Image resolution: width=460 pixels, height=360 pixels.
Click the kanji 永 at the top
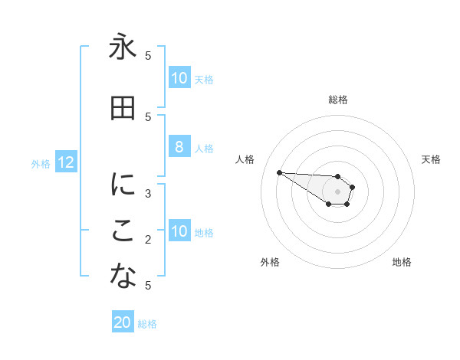click(x=123, y=47)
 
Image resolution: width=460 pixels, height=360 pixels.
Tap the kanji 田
click(x=123, y=109)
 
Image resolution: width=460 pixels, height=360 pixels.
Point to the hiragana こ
click(x=123, y=232)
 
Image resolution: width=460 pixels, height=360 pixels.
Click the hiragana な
click(x=123, y=278)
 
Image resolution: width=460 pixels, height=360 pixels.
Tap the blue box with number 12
click(x=66, y=162)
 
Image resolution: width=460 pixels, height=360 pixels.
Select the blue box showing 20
click(x=123, y=322)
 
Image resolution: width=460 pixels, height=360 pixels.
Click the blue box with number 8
click(x=179, y=148)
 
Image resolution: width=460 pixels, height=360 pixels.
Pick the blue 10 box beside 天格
click(x=179, y=78)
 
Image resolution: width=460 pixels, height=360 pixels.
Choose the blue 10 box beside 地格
click(x=179, y=231)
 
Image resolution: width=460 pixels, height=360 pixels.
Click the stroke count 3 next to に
click(x=148, y=193)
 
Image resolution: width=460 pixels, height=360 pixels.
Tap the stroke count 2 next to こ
click(x=148, y=240)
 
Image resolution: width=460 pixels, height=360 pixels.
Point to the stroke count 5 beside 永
click(x=148, y=55)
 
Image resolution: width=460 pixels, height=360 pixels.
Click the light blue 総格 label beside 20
click(x=147, y=324)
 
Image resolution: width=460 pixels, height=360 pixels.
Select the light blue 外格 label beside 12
click(x=41, y=163)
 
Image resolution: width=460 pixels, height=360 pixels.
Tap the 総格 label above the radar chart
click(x=337, y=100)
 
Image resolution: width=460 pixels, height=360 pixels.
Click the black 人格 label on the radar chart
click(x=245, y=159)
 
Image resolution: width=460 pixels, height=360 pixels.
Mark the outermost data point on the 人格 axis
click(x=279, y=172)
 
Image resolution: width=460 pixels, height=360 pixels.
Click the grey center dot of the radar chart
click(x=337, y=191)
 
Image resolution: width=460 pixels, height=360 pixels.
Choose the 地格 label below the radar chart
click(x=402, y=262)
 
